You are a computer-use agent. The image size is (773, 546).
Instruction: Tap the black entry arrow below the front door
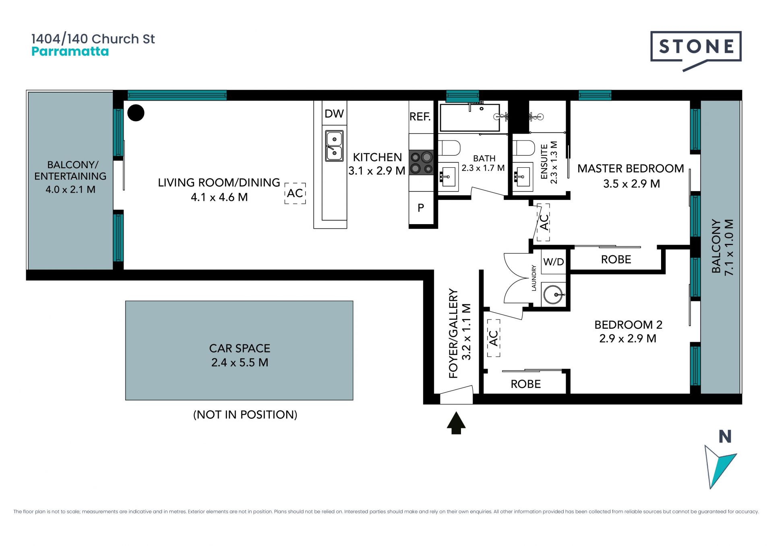(456, 423)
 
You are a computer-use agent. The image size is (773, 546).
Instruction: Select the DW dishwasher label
(334, 114)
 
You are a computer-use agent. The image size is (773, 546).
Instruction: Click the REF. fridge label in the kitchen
(420, 117)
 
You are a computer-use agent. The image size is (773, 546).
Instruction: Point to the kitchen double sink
(335, 146)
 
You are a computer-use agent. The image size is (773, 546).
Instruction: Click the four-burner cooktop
(422, 163)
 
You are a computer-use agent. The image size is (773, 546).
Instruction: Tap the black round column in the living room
(136, 113)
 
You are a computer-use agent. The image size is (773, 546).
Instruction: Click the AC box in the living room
(295, 193)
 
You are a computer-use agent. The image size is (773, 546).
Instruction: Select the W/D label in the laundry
(554, 262)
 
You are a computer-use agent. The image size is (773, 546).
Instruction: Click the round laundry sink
(554, 294)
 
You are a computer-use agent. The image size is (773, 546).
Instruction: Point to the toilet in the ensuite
(523, 148)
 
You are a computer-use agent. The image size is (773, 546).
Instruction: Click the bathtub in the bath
(470, 117)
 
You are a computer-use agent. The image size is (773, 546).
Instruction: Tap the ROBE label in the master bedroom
(616, 260)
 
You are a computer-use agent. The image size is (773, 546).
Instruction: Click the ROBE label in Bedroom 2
(526, 384)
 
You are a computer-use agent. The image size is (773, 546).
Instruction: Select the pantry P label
(421, 208)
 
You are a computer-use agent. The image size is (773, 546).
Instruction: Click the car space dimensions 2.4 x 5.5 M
(240, 363)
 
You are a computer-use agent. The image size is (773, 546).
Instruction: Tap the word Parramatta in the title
(70, 52)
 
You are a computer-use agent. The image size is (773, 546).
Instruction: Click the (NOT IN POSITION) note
(245, 414)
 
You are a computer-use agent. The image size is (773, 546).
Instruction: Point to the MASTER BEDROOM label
(631, 169)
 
